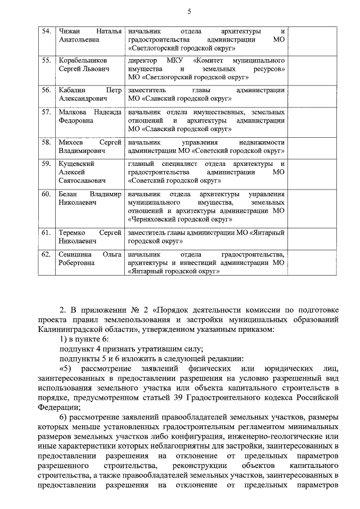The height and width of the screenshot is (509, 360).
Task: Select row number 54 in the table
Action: coord(47,30)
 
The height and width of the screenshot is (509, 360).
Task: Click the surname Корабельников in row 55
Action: coord(83,60)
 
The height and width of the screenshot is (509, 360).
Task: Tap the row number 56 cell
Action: coord(47,89)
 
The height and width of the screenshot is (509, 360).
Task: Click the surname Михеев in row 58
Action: coord(71,142)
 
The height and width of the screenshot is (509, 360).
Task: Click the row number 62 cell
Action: coord(47,254)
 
